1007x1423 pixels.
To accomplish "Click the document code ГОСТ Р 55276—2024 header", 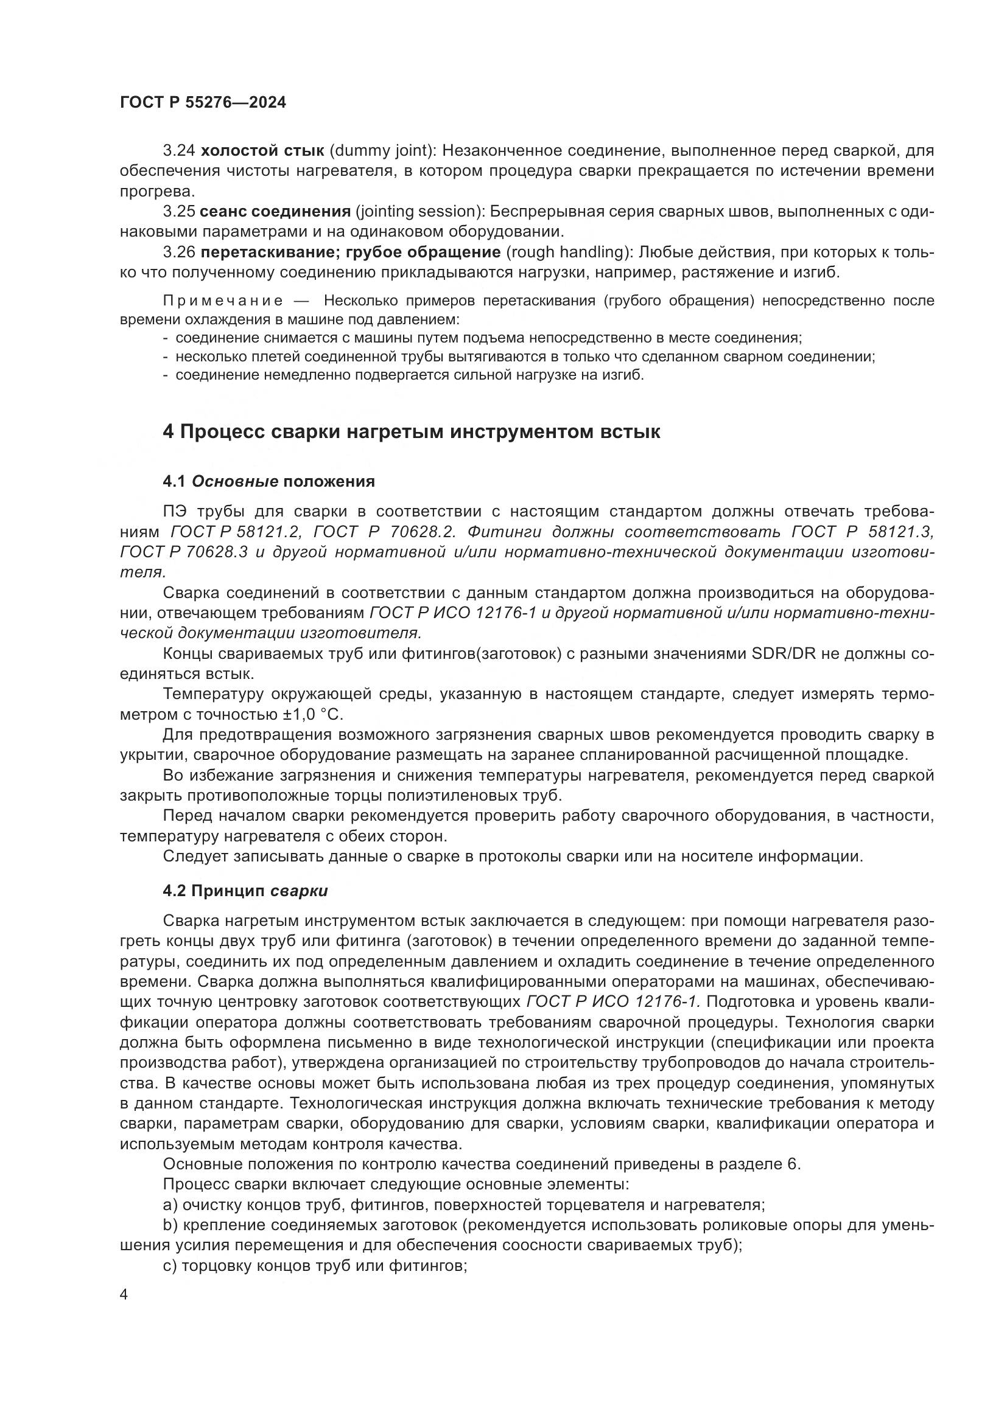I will (203, 103).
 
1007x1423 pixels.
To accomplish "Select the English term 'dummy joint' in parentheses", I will (382, 151).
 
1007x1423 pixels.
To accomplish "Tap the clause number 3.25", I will (178, 212).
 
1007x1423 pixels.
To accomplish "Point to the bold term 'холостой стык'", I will (262, 151).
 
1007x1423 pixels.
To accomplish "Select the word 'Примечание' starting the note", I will (223, 301).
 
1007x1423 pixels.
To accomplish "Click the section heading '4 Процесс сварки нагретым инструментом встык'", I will (411, 431).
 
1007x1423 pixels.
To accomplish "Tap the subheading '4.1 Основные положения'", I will (268, 482).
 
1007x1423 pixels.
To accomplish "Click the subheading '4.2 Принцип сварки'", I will (245, 891).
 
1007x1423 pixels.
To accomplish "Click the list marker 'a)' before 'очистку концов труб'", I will (170, 1205).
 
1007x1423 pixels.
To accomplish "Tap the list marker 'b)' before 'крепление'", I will (170, 1225).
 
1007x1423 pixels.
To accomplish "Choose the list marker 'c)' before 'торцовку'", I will (170, 1266).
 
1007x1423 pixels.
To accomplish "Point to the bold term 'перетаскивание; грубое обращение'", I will (351, 252).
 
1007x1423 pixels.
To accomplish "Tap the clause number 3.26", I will (178, 252).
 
